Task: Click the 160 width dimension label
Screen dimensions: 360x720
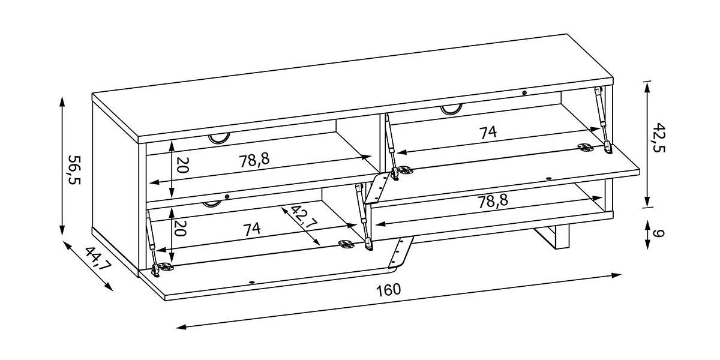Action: (x=389, y=290)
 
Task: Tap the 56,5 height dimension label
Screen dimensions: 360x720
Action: (x=74, y=169)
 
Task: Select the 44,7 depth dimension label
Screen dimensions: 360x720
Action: (x=98, y=260)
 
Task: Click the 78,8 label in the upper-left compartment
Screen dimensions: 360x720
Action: (x=254, y=160)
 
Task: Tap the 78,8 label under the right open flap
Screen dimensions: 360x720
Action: (x=493, y=201)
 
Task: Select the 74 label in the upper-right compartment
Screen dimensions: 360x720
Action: (x=488, y=133)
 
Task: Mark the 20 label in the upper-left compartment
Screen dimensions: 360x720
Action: (x=183, y=166)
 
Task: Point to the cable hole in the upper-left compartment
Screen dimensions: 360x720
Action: (x=220, y=139)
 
